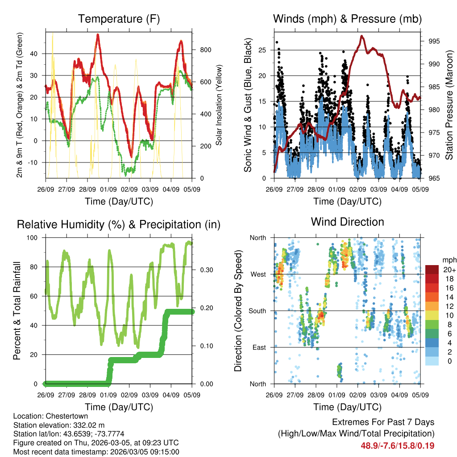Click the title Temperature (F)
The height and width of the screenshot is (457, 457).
(119, 19)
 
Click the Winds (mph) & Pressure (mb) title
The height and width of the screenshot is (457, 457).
(347, 19)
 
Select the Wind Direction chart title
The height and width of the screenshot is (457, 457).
(347, 222)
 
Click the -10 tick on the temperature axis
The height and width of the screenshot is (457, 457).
(37, 162)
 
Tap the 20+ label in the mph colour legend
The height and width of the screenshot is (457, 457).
(448, 270)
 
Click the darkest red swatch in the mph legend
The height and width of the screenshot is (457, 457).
(432, 270)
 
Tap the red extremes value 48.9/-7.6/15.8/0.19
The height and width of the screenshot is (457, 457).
(397, 445)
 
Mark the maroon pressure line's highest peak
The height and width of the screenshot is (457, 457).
(361, 36)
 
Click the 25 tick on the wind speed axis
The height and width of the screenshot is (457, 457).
(263, 50)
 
